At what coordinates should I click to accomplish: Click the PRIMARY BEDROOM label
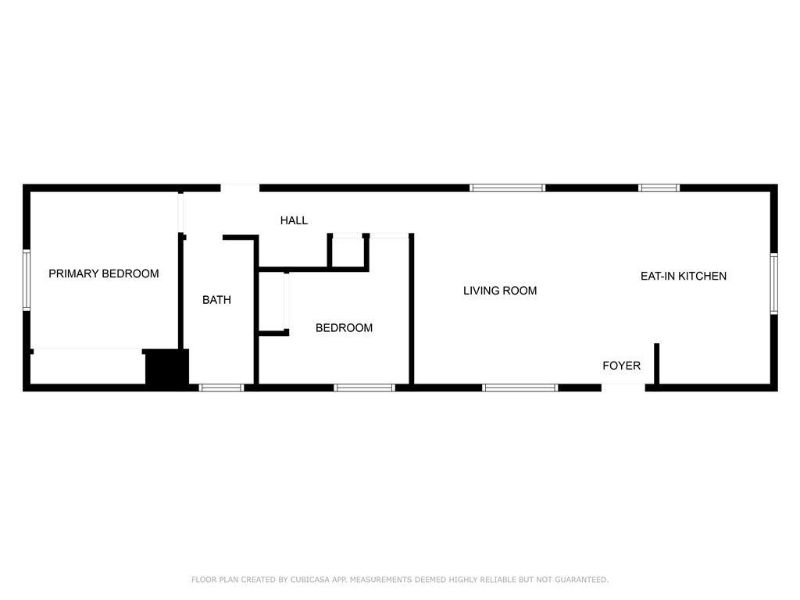click(104, 273)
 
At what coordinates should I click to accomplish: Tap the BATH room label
click(217, 299)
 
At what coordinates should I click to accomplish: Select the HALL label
click(294, 220)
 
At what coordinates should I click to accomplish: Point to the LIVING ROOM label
click(500, 291)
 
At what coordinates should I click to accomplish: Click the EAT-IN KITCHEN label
click(684, 276)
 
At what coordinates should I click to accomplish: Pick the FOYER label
click(621, 366)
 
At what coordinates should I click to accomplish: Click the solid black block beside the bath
click(167, 367)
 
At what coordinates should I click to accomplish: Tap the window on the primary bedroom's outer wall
click(27, 280)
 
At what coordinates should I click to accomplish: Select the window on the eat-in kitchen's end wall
click(774, 284)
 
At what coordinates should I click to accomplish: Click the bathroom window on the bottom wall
click(221, 387)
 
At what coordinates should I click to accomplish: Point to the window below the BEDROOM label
click(364, 387)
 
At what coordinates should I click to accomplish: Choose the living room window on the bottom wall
click(520, 387)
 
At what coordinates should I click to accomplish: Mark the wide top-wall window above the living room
click(507, 187)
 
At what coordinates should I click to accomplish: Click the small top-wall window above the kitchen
click(659, 187)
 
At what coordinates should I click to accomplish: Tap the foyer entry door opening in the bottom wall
click(623, 387)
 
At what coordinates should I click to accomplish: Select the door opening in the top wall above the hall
click(240, 187)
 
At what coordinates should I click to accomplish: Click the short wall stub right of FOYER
click(656, 364)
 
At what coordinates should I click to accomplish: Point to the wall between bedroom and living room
click(411, 309)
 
